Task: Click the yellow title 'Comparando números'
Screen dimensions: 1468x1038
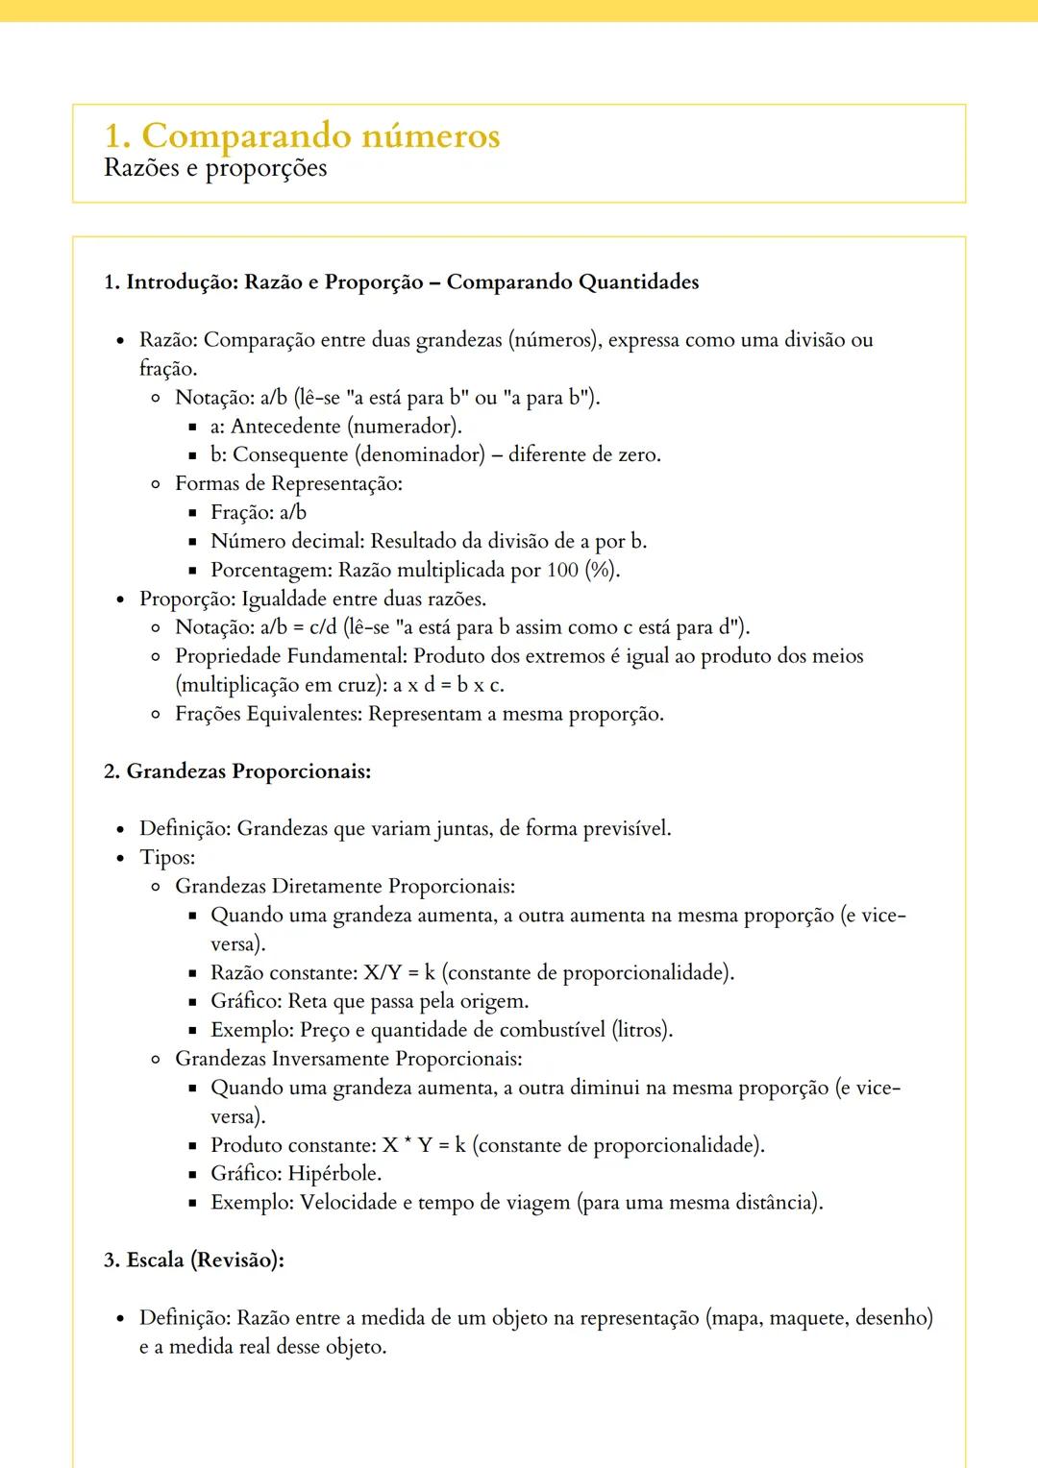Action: pos(320,136)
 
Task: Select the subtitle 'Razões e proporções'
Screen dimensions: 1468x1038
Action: pos(215,168)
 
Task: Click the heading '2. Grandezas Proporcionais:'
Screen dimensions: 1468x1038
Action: pos(237,771)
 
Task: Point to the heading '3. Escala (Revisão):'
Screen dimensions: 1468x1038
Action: pos(194,1260)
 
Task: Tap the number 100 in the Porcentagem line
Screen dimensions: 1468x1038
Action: pos(562,571)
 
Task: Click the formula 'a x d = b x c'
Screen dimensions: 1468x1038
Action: pos(448,686)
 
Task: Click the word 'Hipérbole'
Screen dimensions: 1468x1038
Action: pos(334,1174)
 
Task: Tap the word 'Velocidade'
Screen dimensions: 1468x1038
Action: pos(349,1203)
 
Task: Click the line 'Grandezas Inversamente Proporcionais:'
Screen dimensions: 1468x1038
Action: pos(348,1059)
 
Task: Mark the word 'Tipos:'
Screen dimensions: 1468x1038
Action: pos(167,858)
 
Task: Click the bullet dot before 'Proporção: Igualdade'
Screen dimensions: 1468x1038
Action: pos(120,599)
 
